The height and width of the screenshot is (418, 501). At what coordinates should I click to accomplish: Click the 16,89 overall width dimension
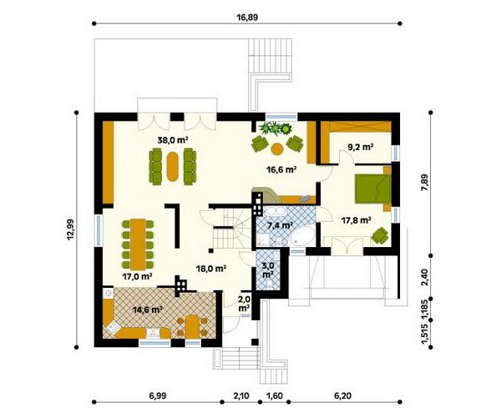pyautogui.click(x=247, y=18)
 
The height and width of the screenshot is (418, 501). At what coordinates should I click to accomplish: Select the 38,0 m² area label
pyautogui.click(x=172, y=139)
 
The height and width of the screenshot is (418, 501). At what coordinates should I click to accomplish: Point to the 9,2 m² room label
pyautogui.click(x=361, y=147)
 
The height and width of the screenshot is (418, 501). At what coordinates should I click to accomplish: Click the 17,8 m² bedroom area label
pyautogui.click(x=356, y=220)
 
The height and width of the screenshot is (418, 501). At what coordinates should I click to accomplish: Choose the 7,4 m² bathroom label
pyautogui.click(x=281, y=226)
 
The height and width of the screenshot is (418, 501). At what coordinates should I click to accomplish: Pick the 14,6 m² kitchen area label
pyautogui.click(x=148, y=309)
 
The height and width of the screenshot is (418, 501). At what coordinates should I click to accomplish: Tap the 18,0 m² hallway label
pyautogui.click(x=211, y=269)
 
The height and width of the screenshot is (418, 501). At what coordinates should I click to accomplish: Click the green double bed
pyautogui.click(x=372, y=189)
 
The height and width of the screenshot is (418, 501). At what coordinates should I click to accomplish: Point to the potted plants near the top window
pyautogui.click(x=276, y=128)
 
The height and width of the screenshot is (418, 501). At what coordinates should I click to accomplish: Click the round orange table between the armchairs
pyautogui.click(x=276, y=149)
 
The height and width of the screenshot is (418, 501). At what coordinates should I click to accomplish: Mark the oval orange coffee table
pyautogui.click(x=173, y=166)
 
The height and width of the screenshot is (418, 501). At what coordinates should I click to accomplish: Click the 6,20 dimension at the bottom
pyautogui.click(x=342, y=396)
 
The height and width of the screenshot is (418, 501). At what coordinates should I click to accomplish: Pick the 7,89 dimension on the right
pyautogui.click(x=425, y=184)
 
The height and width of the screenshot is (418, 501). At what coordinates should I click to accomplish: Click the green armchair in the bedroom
pyautogui.click(x=380, y=235)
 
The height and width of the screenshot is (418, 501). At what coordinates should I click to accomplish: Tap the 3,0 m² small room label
pyautogui.click(x=267, y=270)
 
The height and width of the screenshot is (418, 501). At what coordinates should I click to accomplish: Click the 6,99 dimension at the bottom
pyautogui.click(x=158, y=396)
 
